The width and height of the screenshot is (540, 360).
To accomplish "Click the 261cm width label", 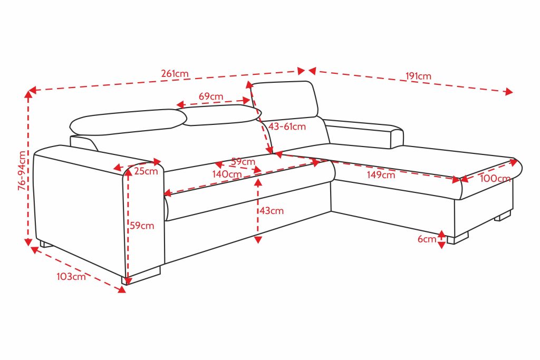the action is (175, 74).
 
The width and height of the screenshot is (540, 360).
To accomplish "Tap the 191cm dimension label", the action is (418, 76).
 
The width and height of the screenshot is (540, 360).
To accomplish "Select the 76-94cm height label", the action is (22, 171).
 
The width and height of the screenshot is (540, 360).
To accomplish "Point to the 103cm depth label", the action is (71, 276).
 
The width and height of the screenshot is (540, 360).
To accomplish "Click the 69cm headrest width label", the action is (211, 96).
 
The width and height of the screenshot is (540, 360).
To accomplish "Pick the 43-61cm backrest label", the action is (287, 127).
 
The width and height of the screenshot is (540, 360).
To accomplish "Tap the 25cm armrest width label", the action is (146, 171).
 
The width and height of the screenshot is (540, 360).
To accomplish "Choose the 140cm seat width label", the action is (227, 174).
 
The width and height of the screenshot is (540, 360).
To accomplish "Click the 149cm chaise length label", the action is (381, 175).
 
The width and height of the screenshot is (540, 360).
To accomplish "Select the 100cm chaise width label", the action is (495, 178).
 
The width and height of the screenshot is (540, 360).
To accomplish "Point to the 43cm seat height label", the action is (272, 211).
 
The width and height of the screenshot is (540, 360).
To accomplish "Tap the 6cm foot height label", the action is (427, 239).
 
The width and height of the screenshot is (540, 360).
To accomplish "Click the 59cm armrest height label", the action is (142, 226).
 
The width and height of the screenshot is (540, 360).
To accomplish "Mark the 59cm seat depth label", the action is (243, 161).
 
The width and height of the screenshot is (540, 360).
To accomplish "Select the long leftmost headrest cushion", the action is (128, 122).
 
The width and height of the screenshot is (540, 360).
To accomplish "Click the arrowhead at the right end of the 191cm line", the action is (509, 91).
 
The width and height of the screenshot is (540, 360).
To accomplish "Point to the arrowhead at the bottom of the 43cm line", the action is (258, 239).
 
